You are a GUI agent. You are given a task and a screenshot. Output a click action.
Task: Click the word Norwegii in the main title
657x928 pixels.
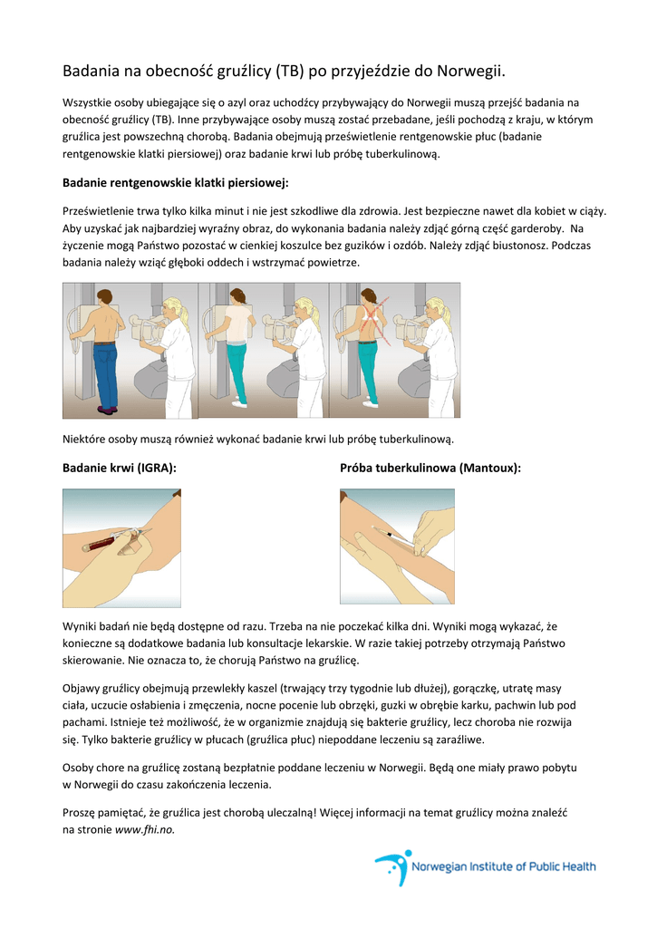pos(469,71)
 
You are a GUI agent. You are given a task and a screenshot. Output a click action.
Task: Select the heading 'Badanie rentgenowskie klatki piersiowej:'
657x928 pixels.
pos(175,183)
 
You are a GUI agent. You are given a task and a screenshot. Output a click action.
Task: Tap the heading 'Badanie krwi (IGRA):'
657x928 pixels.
pos(119,468)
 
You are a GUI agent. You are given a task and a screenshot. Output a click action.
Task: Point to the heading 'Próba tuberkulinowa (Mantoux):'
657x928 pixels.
pos(430,468)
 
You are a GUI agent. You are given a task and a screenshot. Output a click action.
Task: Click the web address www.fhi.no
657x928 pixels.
pos(145,829)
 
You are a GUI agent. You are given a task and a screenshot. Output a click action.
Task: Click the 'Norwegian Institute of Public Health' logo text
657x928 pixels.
pos(504,866)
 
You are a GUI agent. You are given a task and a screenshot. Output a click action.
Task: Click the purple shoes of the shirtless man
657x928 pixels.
pos(107,411)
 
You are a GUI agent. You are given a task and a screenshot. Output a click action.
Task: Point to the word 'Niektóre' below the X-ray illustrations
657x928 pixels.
pos(84,439)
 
